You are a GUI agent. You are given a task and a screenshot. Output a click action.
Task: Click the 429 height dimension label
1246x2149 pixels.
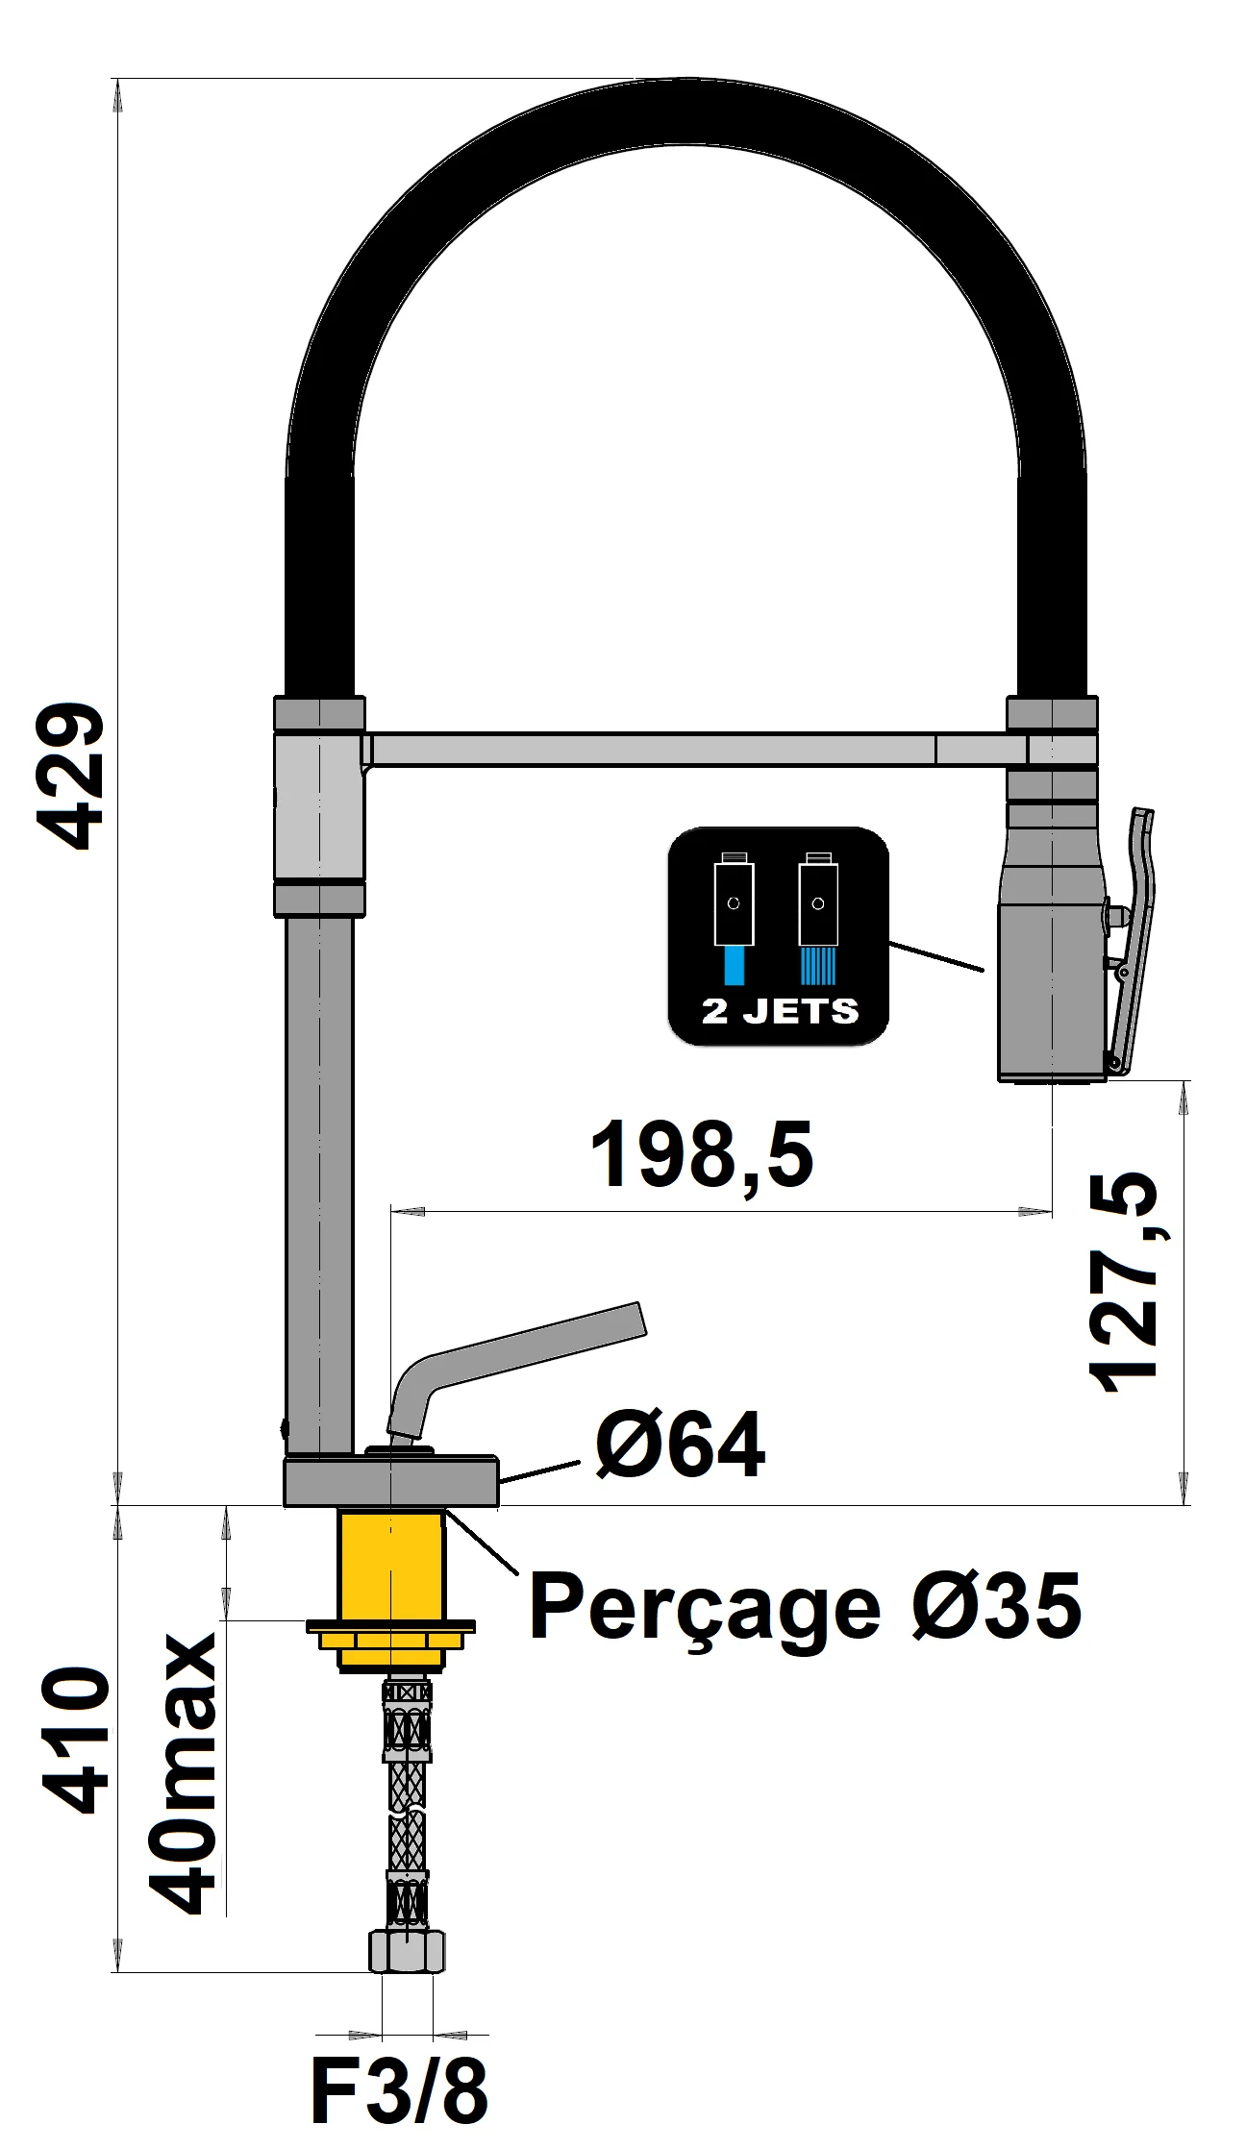pos(70,777)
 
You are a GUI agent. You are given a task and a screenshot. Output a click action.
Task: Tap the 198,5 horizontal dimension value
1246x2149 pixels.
pos(701,1154)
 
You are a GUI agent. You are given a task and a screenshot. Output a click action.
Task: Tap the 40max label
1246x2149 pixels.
pos(183,1773)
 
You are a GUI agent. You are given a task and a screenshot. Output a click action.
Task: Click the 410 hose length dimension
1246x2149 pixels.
pos(77,1740)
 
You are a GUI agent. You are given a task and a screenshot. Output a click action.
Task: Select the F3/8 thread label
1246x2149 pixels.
pos(399,2092)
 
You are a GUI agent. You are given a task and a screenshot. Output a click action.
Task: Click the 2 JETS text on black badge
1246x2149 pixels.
pos(779,1011)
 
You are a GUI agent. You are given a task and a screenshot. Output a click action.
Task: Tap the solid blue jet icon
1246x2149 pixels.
pos(734,965)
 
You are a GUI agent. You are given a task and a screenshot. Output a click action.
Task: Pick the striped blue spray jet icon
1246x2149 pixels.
pos(818,965)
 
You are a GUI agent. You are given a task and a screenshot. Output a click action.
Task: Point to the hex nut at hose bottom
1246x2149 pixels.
pos(408,1951)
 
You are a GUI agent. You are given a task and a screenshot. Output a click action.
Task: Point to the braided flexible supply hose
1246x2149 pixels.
pos(408,1807)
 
